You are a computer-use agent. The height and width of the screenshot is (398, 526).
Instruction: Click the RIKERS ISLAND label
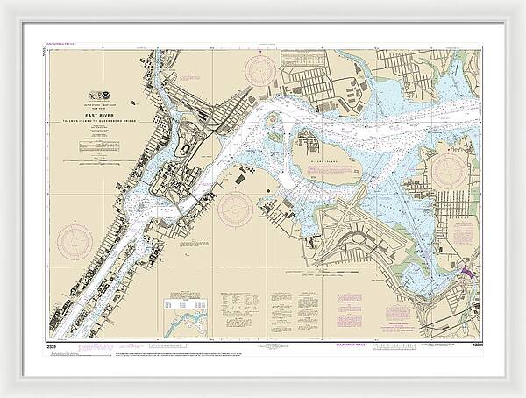tap(325, 160)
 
